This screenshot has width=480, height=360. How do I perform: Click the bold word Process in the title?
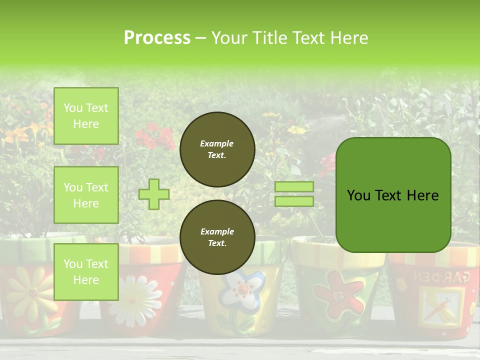click(x=157, y=37)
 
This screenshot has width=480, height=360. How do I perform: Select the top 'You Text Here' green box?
click(x=86, y=116)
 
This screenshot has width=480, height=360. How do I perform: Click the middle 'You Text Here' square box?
click(x=86, y=195)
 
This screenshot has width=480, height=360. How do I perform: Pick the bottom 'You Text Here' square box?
click(x=86, y=271)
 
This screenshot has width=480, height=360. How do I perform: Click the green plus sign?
click(x=154, y=194)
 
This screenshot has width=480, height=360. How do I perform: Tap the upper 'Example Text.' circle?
click(x=217, y=149)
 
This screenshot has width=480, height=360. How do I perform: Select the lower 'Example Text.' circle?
click(x=217, y=237)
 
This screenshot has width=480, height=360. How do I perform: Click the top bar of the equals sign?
click(x=294, y=187)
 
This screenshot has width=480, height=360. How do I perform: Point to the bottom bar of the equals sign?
click(x=294, y=201)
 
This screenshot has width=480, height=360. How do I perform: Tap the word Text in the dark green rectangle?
click(x=392, y=195)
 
